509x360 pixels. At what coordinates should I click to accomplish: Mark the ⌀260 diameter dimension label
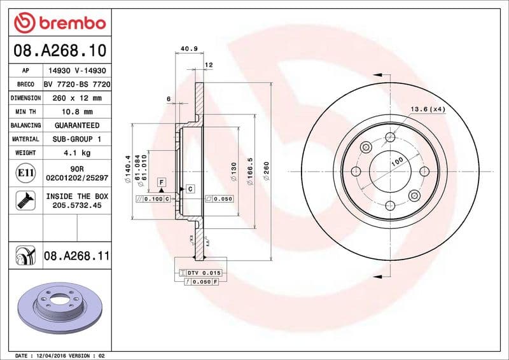click(x=267, y=170)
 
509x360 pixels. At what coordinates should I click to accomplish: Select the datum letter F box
click(x=162, y=182)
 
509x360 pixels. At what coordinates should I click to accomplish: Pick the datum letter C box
click(x=190, y=190)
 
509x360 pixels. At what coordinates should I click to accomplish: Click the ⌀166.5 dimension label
click(x=251, y=170)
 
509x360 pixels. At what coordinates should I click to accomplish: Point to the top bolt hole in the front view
click(x=365, y=148)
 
